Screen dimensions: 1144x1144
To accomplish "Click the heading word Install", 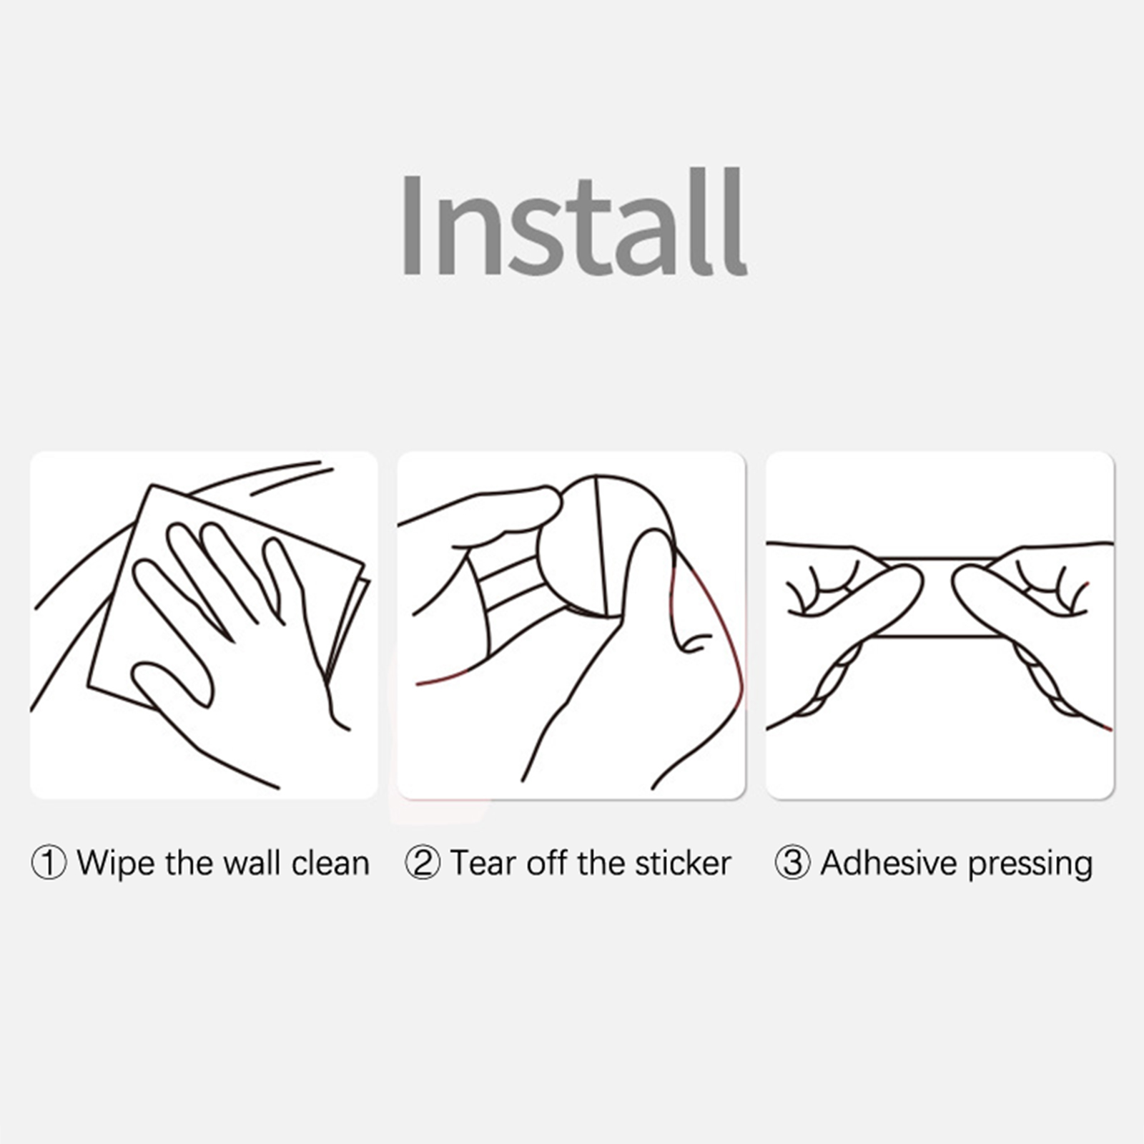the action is click(x=573, y=223).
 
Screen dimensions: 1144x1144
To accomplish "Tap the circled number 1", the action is click(x=49, y=864).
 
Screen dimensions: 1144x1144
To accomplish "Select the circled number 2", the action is click(x=423, y=864).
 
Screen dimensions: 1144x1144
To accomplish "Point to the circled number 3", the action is click(x=793, y=864).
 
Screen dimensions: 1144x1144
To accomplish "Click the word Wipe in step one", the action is click(x=117, y=864).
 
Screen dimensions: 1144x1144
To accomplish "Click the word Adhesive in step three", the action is click(x=889, y=862).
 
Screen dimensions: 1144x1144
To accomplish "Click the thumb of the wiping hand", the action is click(x=172, y=683).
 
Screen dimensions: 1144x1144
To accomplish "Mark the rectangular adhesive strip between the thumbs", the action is click(x=937, y=597).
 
